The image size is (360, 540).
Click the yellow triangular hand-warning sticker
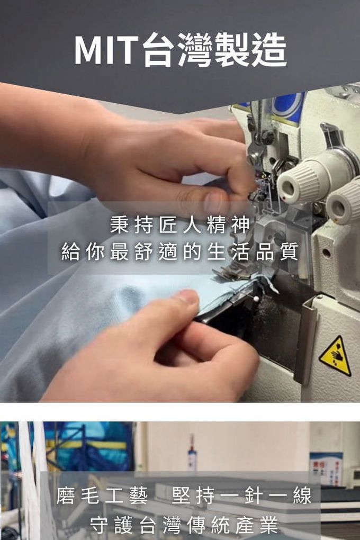335,356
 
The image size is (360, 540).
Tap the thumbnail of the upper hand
213,202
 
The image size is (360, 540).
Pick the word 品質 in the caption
277,252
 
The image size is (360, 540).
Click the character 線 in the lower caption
302,496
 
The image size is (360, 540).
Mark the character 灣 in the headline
195,50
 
